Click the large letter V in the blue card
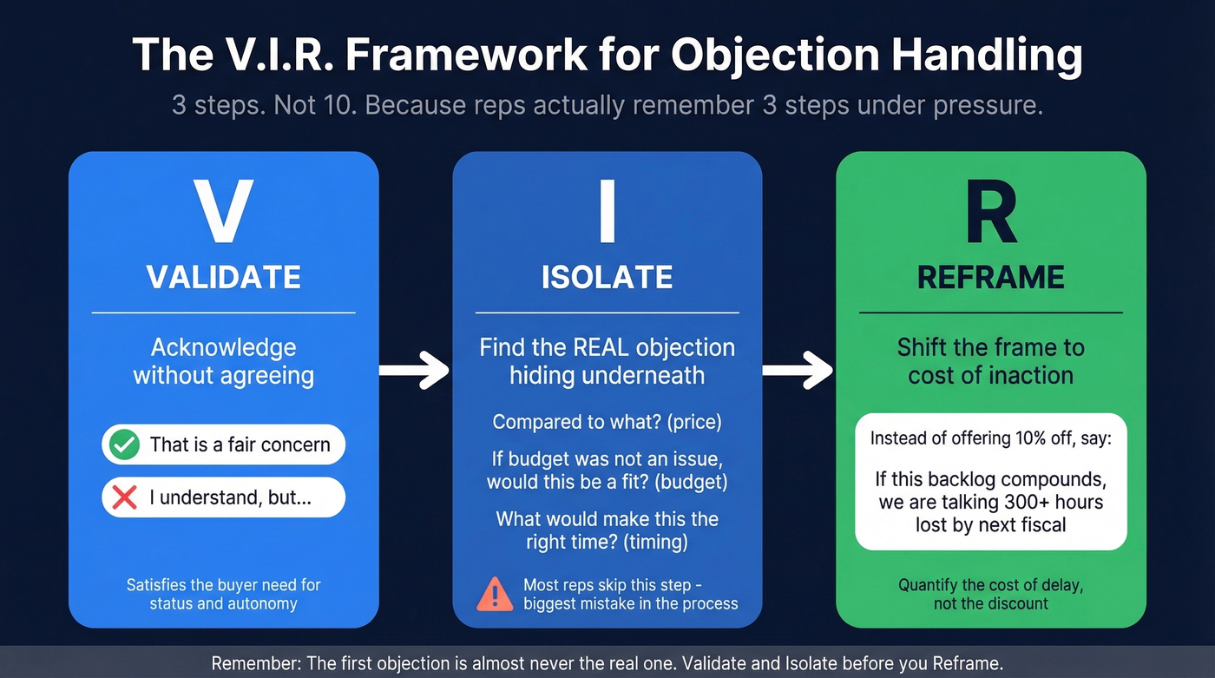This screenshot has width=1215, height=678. point(223,212)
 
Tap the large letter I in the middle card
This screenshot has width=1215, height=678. point(607,212)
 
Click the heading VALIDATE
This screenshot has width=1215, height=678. point(223,277)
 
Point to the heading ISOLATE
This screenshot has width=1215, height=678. point(607,277)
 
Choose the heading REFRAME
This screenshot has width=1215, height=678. point(990,277)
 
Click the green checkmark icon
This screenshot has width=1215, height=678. point(125,445)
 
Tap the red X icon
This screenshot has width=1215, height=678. point(125,497)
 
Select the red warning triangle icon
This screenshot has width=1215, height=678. point(496,595)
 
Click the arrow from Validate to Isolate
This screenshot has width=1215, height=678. point(415,370)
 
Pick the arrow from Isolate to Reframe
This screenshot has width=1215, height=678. point(798,370)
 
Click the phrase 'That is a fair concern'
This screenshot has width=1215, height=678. point(240,445)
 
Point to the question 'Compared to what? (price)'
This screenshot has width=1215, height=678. point(607,422)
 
